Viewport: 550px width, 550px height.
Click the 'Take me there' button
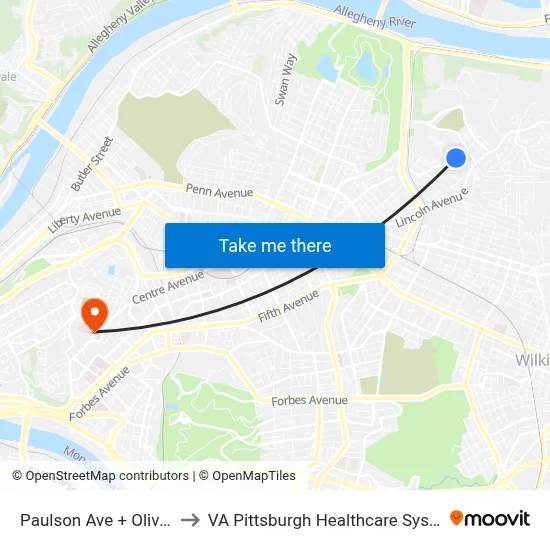[275, 245]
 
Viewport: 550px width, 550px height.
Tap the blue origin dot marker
[455, 158]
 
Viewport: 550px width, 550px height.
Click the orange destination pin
[95, 314]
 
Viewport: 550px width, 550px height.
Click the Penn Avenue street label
[219, 191]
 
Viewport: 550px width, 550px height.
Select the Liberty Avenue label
[84, 219]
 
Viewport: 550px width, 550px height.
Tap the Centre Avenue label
[168, 287]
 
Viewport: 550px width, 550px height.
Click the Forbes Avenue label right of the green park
[310, 400]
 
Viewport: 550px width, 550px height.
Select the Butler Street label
[92, 164]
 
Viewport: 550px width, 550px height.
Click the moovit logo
[490, 518]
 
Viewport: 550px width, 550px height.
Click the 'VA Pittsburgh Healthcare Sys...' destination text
[319, 519]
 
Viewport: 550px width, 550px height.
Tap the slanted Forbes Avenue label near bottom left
[99, 393]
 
